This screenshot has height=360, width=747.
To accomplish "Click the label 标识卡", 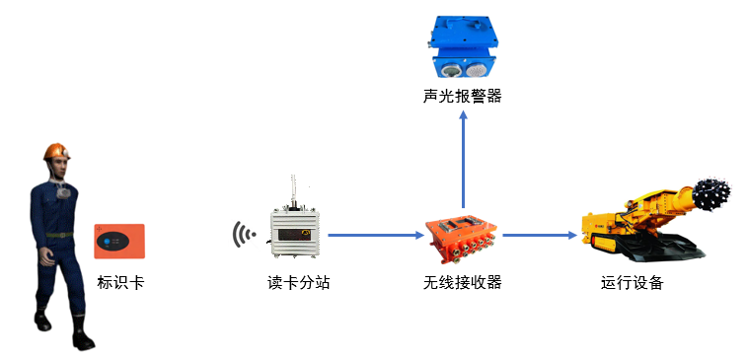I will (x=120, y=283).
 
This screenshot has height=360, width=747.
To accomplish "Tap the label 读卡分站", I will (x=298, y=283).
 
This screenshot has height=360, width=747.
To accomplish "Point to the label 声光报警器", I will (x=463, y=96).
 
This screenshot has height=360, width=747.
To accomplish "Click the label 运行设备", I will (x=633, y=283).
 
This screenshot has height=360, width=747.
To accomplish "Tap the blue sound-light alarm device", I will (x=462, y=47).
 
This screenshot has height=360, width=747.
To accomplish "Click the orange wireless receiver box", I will (x=462, y=238).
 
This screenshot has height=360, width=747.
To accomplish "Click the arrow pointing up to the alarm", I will (x=463, y=158).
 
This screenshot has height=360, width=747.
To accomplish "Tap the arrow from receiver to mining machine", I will (x=538, y=236).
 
